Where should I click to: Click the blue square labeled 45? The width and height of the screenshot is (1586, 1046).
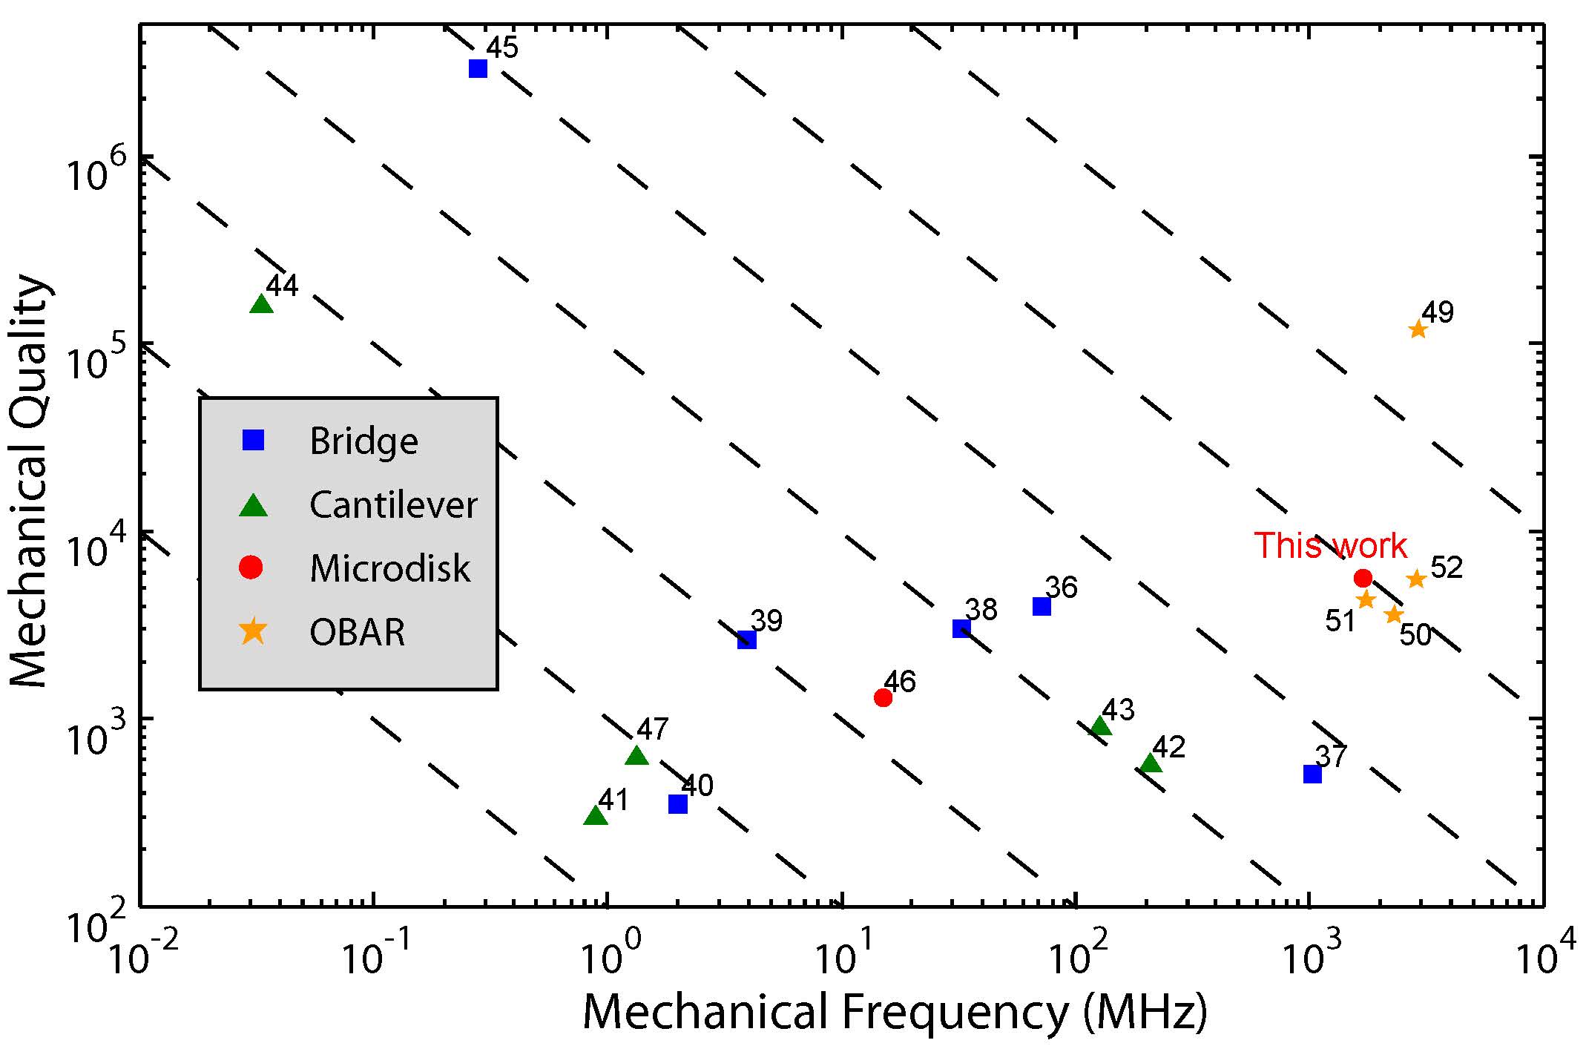(x=478, y=69)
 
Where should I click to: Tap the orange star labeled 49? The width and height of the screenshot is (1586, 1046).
(x=1418, y=329)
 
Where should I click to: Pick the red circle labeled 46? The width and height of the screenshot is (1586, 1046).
(x=883, y=697)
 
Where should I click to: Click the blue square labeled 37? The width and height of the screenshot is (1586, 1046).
(x=1312, y=774)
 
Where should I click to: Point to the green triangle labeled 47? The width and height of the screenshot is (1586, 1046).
(x=636, y=756)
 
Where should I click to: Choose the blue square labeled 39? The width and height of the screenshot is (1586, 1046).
(x=747, y=639)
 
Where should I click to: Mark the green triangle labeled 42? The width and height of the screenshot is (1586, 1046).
(x=1151, y=763)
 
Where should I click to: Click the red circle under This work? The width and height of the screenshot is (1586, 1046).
(x=1363, y=578)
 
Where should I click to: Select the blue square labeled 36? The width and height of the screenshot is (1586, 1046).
(x=1042, y=606)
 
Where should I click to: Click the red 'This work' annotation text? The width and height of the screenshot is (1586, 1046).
(x=1330, y=546)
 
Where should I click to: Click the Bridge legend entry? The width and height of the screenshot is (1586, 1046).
(x=363, y=441)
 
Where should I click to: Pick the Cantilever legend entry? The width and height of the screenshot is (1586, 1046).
(x=393, y=505)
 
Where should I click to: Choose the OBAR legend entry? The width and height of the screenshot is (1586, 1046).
(x=357, y=633)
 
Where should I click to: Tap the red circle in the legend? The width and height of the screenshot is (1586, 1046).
(x=251, y=568)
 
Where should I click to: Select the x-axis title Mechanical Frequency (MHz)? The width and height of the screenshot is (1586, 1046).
(x=895, y=1013)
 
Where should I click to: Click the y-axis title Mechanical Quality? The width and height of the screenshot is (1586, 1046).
(x=30, y=482)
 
